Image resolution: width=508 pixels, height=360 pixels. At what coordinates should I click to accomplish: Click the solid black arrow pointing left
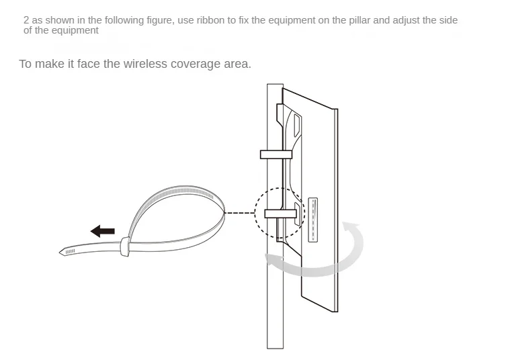point(102,231)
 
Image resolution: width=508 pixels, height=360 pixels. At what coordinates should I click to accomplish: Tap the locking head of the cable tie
point(125,246)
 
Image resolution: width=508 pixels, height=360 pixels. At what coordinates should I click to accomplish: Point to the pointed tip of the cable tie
point(60,252)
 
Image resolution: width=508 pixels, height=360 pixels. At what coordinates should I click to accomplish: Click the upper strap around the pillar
point(276,154)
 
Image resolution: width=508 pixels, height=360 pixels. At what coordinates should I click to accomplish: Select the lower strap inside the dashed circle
point(281,214)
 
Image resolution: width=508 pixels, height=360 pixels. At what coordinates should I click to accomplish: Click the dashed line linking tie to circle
point(240,213)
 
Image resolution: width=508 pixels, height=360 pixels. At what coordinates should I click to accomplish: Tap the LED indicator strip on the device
point(313,220)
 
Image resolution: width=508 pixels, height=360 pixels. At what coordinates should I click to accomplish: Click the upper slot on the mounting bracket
point(296,125)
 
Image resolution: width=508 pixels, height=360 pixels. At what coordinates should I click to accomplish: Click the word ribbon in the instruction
point(210,20)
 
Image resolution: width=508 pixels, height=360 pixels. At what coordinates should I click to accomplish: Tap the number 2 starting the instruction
point(26,20)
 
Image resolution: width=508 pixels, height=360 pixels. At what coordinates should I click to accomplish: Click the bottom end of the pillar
point(275,348)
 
